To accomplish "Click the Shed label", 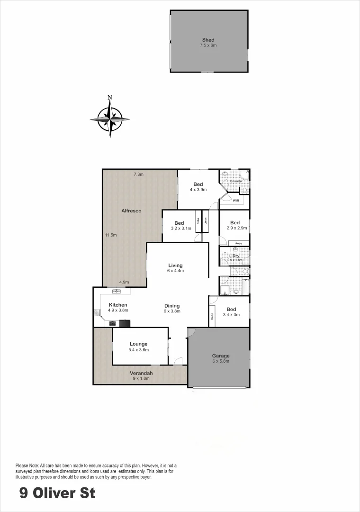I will (x=208, y=40).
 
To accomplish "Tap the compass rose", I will (x=110, y=119).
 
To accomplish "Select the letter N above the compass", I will (x=110, y=98).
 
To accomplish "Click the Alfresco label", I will (x=131, y=210).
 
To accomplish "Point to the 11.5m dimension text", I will (x=111, y=235).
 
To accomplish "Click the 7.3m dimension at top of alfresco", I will (x=138, y=174).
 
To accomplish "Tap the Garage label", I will (x=221, y=356).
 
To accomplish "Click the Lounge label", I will (x=138, y=344).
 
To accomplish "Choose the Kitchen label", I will (x=118, y=305).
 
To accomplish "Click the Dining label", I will (x=171, y=306).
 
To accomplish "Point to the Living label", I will (x=175, y=265).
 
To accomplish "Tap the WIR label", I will (x=236, y=201).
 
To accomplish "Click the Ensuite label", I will (x=235, y=181).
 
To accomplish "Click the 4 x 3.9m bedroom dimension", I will (x=198, y=190).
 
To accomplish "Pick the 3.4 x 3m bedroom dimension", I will (x=232, y=314).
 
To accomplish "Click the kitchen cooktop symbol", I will (x=113, y=324).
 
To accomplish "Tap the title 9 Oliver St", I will (x=57, y=493).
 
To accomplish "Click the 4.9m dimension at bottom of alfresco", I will (x=124, y=282).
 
